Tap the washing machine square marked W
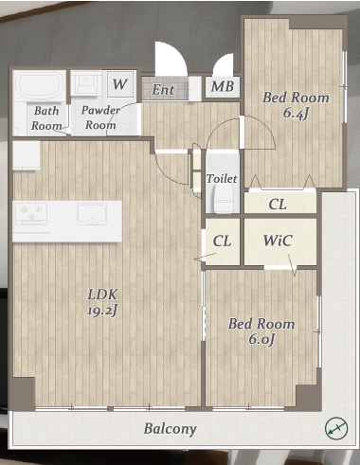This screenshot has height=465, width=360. click(x=120, y=84)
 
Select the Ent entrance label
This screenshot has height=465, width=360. click(x=163, y=90)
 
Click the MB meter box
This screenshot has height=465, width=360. click(x=223, y=86)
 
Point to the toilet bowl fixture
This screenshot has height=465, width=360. click(x=224, y=198)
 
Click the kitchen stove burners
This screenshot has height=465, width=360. click(x=31, y=214)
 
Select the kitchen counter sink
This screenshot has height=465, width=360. click(x=92, y=214)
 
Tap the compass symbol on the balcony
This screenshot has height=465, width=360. click(x=336, y=428)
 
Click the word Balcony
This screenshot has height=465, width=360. click(x=170, y=429)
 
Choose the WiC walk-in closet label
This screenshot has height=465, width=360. click(x=278, y=241)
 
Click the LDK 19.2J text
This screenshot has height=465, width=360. click(x=102, y=302)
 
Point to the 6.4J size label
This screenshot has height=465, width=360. click(x=296, y=113)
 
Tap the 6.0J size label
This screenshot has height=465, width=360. click(x=261, y=339)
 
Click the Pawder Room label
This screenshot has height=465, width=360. click(x=100, y=117)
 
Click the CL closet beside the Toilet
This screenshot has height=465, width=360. click(x=278, y=205)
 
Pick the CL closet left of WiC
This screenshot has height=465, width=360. click(x=223, y=241)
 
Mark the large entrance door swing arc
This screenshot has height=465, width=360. click(x=171, y=58)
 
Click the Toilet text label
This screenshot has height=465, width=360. click(x=222, y=179)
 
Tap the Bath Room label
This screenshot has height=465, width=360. click(x=46, y=118)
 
